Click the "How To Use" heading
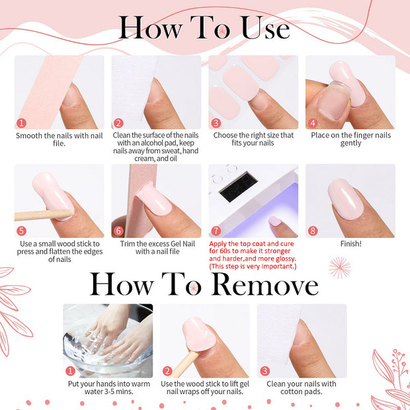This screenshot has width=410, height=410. tap(204, 28)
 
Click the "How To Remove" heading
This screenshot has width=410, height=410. tap(204, 284)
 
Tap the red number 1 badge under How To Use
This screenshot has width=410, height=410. tap(21, 123)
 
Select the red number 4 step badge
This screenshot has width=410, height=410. tap(313, 123)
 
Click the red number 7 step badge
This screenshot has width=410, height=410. tap(216, 231)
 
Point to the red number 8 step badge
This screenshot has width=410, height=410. tap(313, 231)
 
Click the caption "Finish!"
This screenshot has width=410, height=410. tap(350, 243)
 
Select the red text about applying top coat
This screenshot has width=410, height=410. tap(253, 255)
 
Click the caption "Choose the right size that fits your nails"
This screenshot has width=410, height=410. tap(253, 139)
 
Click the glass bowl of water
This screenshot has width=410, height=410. tap(107, 350)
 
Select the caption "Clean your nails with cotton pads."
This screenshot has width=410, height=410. tap(301, 388)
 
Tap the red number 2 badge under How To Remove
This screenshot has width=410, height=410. tap(167, 372)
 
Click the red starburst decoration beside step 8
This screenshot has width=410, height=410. tap(339, 266)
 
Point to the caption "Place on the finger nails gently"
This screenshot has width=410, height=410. tap(350, 139)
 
